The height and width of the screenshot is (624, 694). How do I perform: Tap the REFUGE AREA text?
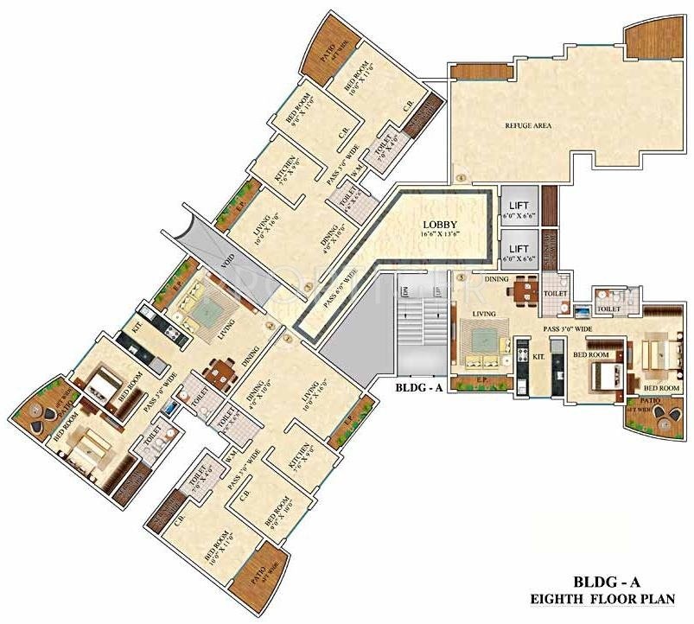coord(528,125)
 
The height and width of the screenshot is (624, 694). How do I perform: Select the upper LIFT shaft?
coord(519,207)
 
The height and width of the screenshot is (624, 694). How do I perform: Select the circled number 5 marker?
coord(461,278)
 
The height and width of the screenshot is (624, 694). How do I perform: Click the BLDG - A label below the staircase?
coord(419,388)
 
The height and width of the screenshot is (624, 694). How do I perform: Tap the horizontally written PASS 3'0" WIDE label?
coord(568,329)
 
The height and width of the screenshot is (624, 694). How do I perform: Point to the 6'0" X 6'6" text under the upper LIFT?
coord(519,216)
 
